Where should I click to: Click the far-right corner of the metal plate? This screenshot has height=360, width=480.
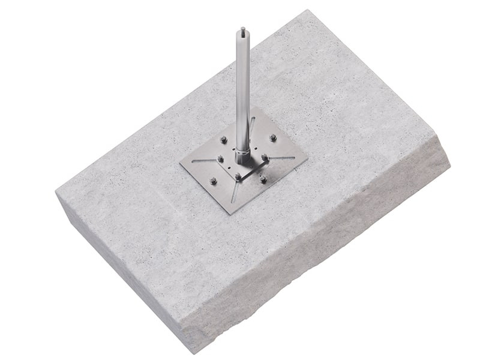coord(307,160)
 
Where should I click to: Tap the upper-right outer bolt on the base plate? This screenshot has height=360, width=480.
coord(274,138)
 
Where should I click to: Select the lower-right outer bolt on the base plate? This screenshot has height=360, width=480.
coord(263,179)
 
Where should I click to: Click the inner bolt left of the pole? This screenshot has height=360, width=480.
coord(221,160)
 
